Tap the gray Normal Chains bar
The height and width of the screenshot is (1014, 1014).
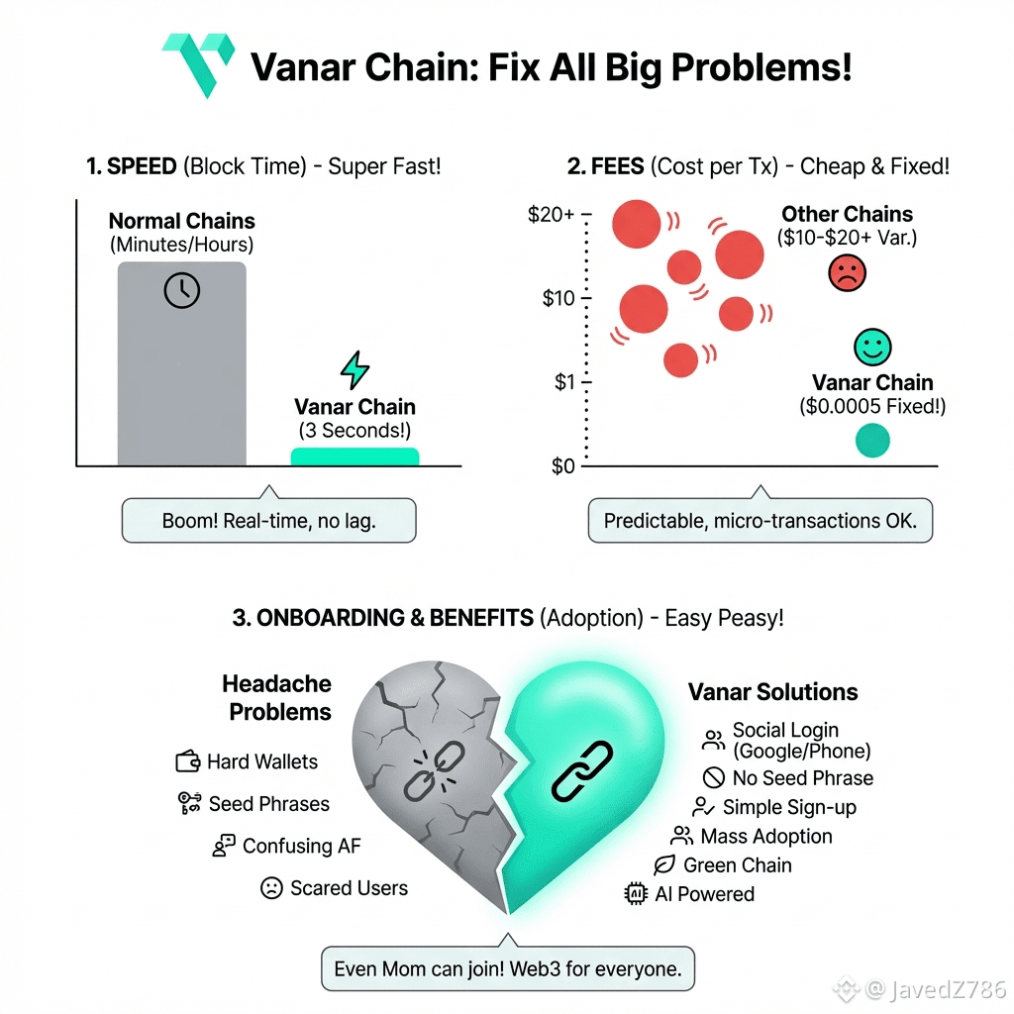click(x=181, y=376)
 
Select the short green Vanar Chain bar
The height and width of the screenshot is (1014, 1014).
click(x=355, y=456)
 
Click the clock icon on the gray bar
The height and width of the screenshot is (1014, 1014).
click(x=182, y=290)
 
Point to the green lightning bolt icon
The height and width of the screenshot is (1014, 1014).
click(x=355, y=370)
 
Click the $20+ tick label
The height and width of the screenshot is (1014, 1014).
click(x=553, y=215)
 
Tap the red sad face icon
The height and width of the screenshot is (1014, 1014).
click(x=847, y=272)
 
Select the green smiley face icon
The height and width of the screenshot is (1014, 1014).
click(x=872, y=347)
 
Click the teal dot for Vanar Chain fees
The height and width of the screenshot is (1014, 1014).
click(x=872, y=441)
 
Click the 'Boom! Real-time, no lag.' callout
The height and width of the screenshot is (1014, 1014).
click(x=268, y=521)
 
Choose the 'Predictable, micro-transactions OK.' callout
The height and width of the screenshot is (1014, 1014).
click(x=760, y=521)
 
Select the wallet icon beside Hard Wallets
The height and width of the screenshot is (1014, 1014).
click(x=188, y=761)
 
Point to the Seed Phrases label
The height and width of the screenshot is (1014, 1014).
click(x=268, y=804)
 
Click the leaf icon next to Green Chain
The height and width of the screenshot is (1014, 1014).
click(x=664, y=865)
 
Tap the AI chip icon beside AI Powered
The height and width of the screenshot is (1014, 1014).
click(x=635, y=894)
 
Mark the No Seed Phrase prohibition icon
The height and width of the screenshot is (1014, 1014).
click(x=713, y=778)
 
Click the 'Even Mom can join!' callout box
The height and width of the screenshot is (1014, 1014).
click(x=508, y=968)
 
